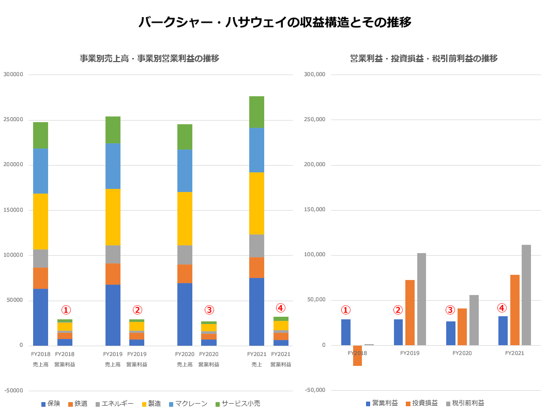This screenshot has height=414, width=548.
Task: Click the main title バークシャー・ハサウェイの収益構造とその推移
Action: [275, 22]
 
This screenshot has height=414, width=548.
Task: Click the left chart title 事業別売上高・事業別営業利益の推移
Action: [149, 58]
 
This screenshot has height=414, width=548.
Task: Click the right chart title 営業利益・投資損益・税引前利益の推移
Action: [424, 58]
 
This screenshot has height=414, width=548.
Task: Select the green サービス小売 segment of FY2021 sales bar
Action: [256, 112]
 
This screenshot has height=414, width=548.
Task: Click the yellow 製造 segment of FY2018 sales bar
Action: [40, 221]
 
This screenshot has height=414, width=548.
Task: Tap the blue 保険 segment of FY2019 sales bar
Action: [113, 315]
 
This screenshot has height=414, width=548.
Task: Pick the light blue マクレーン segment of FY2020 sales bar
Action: [185, 171]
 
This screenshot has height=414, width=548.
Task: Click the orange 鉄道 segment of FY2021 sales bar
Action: [256, 268]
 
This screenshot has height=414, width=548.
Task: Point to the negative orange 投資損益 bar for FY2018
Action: [357, 356]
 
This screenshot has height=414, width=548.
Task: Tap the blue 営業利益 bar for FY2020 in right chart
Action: [451, 333]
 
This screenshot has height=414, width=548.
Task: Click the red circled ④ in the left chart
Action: [280, 308]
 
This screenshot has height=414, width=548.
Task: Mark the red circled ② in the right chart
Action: [398, 310]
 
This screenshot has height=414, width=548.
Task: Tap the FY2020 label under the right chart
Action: [462, 353]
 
